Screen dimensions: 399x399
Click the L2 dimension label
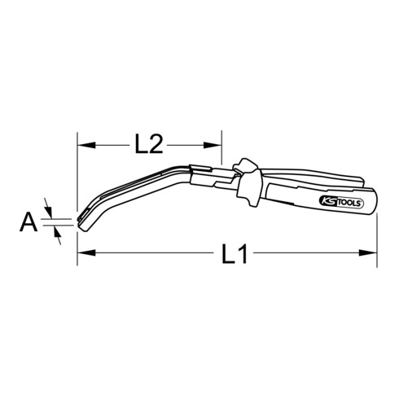click(148, 145)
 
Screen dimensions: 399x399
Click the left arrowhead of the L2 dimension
click(83, 145)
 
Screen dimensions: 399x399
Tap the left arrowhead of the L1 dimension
click(83, 255)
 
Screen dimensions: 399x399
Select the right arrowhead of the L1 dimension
click(372, 255)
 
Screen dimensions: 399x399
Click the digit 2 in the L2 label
click(158, 145)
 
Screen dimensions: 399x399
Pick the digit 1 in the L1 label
click(243, 256)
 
